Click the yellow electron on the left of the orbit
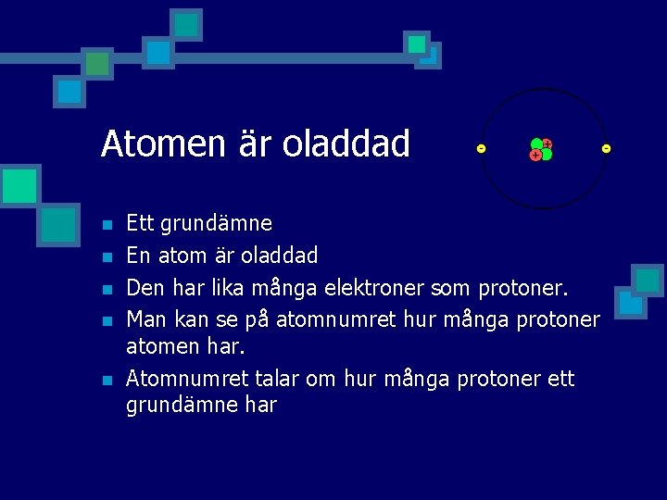click(x=481, y=149)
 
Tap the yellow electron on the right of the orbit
click(x=606, y=149)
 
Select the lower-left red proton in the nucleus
click(x=535, y=156)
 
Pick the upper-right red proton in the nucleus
click(x=547, y=144)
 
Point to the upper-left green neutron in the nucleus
click(x=536, y=144)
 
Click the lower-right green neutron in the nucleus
click(x=547, y=155)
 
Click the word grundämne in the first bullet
click(x=217, y=223)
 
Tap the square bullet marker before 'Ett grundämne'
click(x=107, y=225)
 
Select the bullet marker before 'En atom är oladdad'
click(x=107, y=256)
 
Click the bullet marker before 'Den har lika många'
click(x=107, y=289)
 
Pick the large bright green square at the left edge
click(x=19, y=186)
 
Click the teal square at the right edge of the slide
click(x=647, y=280)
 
